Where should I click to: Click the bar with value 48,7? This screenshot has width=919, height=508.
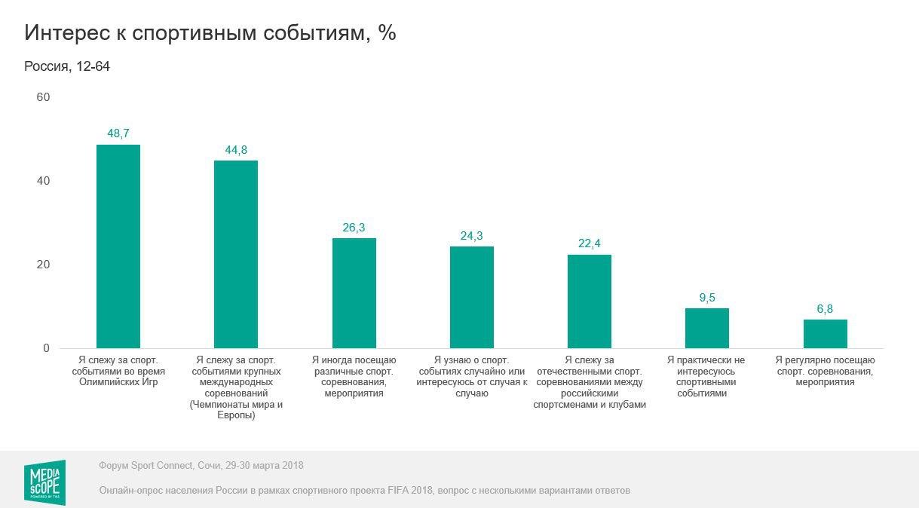(118, 246)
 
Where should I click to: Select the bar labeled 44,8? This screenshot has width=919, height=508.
(236, 254)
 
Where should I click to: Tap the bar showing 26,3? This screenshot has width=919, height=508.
(354, 293)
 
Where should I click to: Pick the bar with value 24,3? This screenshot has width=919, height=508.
(472, 297)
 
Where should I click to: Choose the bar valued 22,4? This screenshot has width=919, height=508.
(590, 301)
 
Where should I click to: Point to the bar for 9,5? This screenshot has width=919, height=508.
(707, 328)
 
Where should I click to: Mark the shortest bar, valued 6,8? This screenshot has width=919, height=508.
(826, 334)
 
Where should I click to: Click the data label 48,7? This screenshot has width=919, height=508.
(118, 133)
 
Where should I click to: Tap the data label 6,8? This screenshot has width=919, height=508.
(826, 308)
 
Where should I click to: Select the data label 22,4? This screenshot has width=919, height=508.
(590, 243)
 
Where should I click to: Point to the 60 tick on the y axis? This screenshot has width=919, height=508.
(43, 98)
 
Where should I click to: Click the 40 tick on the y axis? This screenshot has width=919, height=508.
(43, 182)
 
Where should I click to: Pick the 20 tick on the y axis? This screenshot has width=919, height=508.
(43, 265)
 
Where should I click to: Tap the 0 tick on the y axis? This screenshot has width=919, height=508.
(46, 348)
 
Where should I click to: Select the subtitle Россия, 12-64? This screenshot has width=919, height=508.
(67, 66)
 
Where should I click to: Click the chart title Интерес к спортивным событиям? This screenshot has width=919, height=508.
(210, 33)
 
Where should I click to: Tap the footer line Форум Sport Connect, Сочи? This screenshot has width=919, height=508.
(201, 465)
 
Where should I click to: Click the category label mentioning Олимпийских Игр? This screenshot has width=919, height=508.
(118, 371)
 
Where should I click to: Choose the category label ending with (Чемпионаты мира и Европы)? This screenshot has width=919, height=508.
(236, 387)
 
